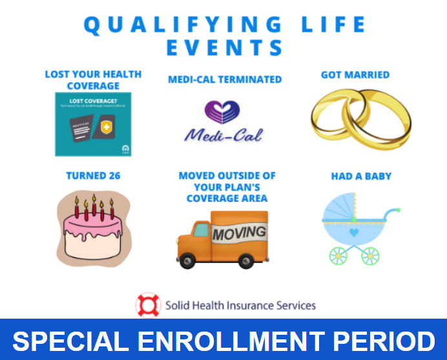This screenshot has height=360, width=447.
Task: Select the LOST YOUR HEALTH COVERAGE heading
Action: pyautogui.click(x=93, y=79)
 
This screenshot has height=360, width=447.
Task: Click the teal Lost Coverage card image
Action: pyautogui.click(x=93, y=123)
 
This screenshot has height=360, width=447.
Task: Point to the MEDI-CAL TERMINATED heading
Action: pyautogui.click(x=224, y=79)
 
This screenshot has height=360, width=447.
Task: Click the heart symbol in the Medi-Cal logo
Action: pyautogui.click(x=223, y=111)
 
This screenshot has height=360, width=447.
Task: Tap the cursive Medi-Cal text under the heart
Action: pyautogui.click(x=224, y=136)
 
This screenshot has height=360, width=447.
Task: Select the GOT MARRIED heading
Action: pyautogui.click(x=355, y=75)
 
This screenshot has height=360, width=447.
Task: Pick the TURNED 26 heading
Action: pyautogui.click(x=93, y=175)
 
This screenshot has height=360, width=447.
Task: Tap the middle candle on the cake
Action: pyautogui.click(x=94, y=206)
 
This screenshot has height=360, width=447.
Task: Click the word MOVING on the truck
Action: pyautogui.click(x=239, y=232)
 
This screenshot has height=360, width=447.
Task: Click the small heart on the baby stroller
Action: pyautogui.click(x=353, y=231)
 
